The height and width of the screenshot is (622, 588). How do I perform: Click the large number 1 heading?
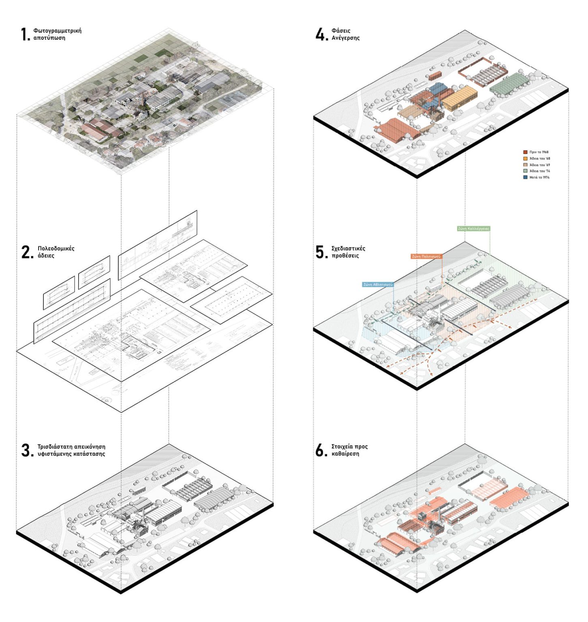[x=25, y=34]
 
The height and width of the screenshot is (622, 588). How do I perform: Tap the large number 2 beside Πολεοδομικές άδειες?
[x=27, y=252]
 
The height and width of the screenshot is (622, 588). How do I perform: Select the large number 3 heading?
[x=27, y=450]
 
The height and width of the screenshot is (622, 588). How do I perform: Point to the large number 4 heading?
[x=321, y=34]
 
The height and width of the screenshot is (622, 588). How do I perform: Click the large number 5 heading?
[x=321, y=252]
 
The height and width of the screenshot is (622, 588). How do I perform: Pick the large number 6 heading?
[x=321, y=450]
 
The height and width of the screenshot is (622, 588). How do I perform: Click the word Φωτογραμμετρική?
[x=57, y=31]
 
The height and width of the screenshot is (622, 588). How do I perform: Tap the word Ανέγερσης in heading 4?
[x=345, y=38]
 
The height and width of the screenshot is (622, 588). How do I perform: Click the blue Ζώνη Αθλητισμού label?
[x=378, y=285]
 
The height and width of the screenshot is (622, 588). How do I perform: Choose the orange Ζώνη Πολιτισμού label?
[x=426, y=256]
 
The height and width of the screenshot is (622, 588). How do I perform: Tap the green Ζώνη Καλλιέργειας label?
[x=473, y=228]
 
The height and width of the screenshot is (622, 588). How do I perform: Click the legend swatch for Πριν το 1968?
[x=525, y=152]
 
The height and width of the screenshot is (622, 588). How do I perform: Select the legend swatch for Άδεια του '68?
[x=525, y=159]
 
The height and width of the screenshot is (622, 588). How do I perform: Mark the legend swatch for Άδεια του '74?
[x=525, y=171]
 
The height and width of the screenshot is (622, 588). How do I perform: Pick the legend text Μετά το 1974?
[x=539, y=177]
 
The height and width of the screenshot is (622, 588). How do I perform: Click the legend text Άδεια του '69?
[x=540, y=165]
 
